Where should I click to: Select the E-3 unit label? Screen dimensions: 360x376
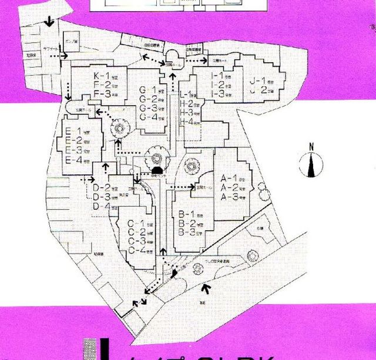click(73, 150)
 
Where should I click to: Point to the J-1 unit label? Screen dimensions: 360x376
click(258, 80)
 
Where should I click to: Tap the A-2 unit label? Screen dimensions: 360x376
click(229, 187)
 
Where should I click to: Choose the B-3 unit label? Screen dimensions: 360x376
click(186, 232)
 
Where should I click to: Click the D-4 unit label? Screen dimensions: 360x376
click(102, 206)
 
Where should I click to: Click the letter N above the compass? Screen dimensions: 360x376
click(312, 147)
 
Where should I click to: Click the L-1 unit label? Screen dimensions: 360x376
click(188, 94)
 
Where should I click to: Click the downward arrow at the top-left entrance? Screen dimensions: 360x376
click(50, 22)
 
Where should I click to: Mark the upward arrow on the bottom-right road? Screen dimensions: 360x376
click(205, 288)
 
